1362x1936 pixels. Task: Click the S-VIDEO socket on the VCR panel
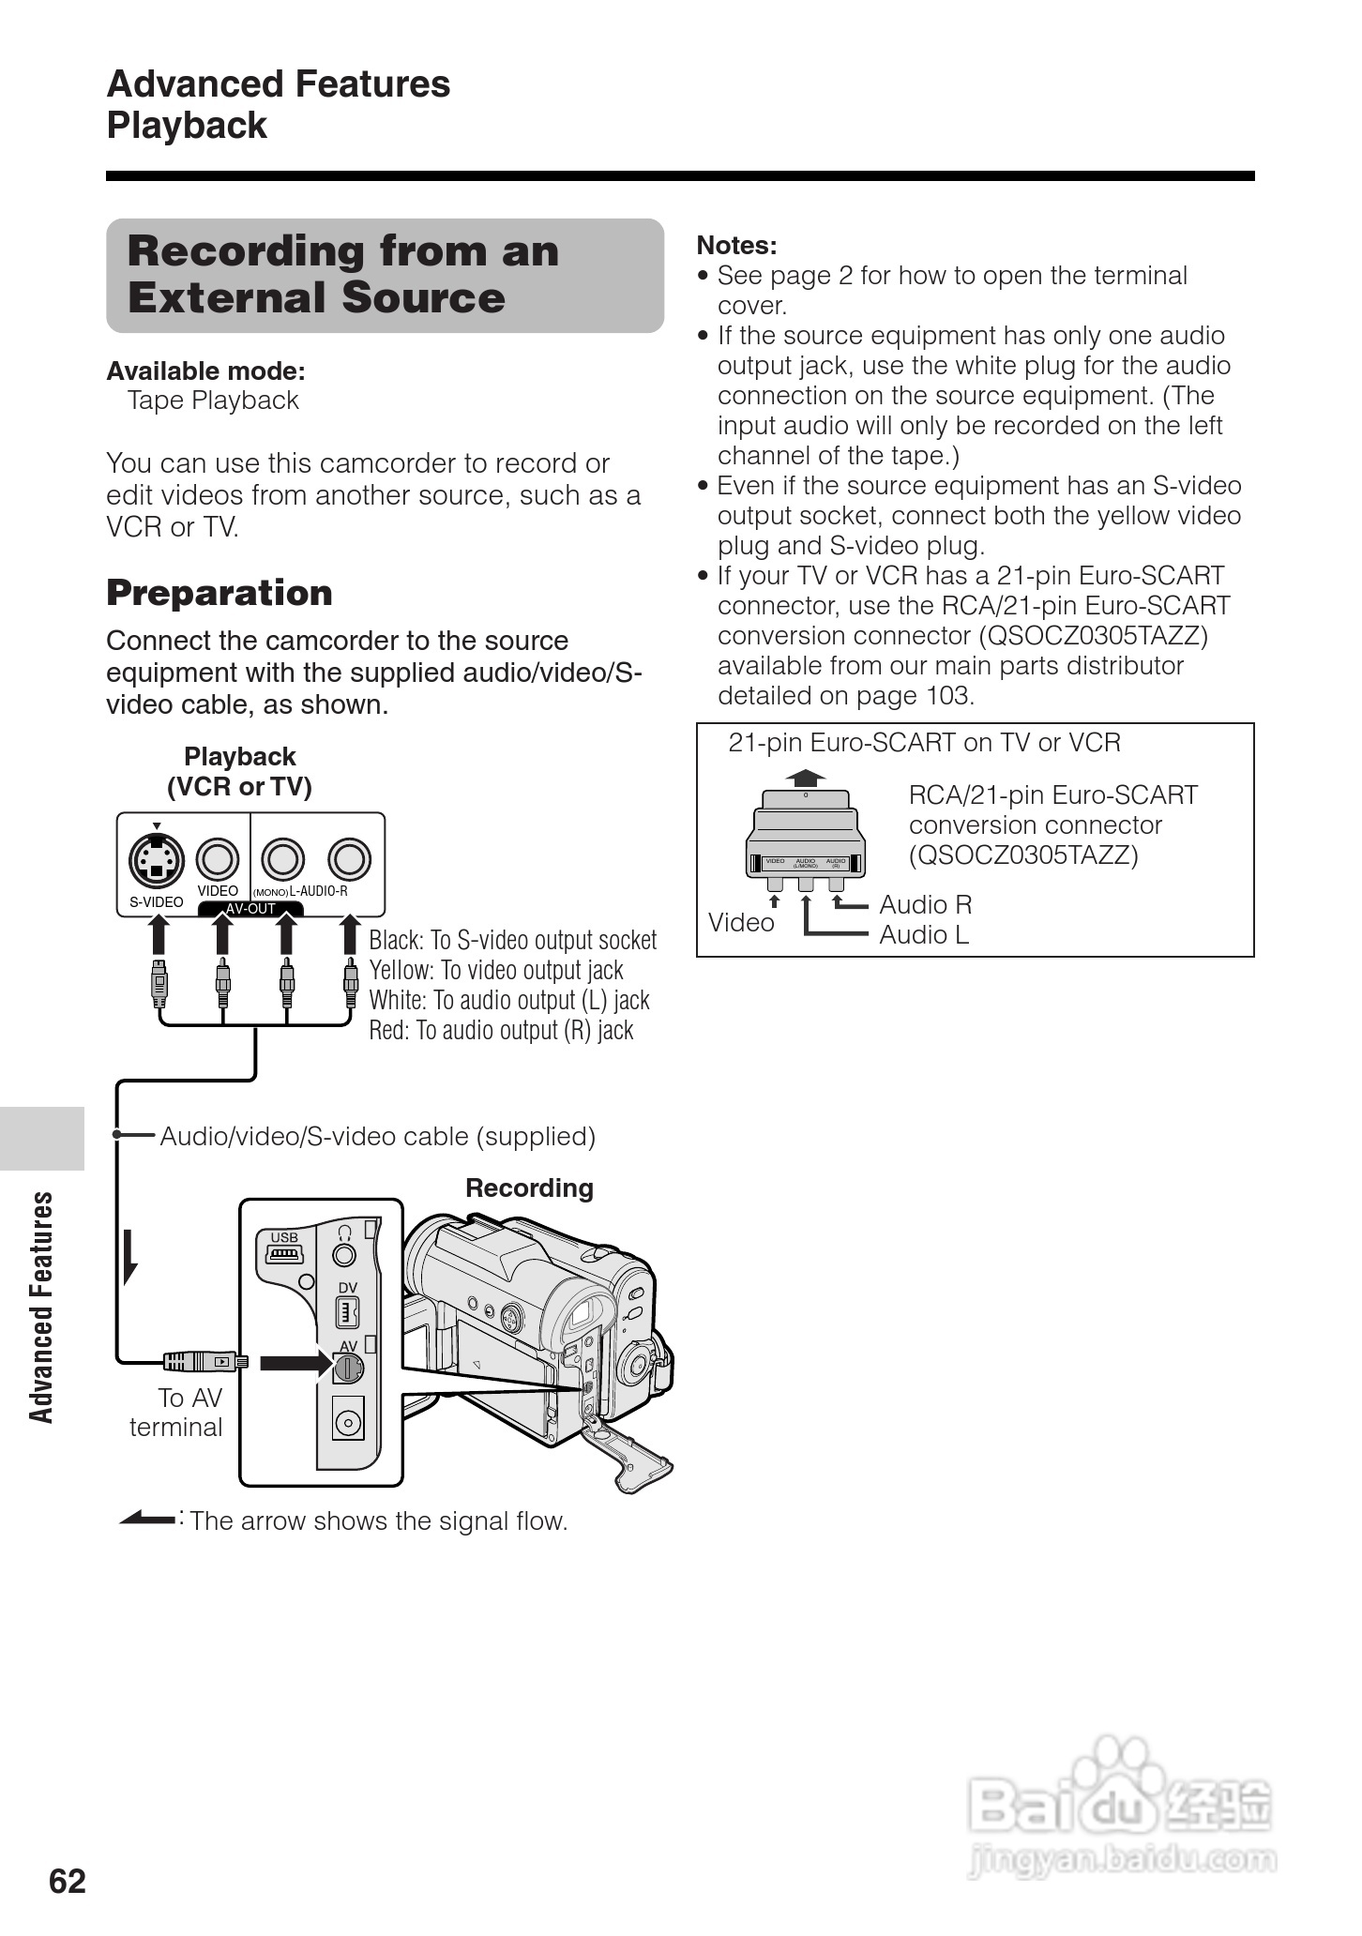(x=156, y=858)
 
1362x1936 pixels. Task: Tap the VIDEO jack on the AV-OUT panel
(x=217, y=858)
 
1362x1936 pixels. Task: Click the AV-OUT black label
(x=250, y=908)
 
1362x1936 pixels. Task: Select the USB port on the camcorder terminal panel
(x=284, y=1254)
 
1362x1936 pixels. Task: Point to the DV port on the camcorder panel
(x=348, y=1311)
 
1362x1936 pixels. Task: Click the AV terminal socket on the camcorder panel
(x=346, y=1368)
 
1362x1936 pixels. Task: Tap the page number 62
(x=68, y=1881)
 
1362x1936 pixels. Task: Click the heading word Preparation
(x=219, y=593)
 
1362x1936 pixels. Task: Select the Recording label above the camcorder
(x=529, y=1188)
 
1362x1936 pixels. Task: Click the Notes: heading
(x=736, y=246)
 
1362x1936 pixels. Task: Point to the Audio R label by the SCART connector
(x=925, y=904)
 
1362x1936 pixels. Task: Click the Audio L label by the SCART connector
(x=923, y=934)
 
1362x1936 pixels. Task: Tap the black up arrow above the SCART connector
(x=806, y=778)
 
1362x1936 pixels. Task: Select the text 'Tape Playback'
(x=213, y=401)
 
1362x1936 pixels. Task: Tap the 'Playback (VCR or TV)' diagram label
(x=239, y=771)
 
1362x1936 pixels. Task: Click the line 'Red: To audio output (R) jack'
(x=501, y=1030)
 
